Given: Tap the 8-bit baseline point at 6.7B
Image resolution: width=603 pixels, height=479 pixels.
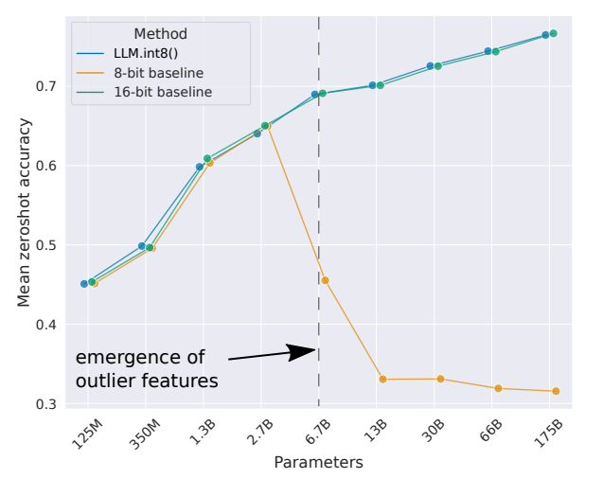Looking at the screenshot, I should pyautogui.click(x=325, y=280).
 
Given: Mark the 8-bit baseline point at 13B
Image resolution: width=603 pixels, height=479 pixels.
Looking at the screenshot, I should pyautogui.click(x=382, y=379).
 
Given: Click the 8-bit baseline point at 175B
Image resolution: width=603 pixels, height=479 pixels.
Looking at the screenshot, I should pyautogui.click(x=556, y=391).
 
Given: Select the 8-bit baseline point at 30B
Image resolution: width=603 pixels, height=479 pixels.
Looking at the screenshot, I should pyautogui.click(x=440, y=379).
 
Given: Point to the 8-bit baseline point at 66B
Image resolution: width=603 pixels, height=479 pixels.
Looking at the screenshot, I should pyautogui.click(x=498, y=388).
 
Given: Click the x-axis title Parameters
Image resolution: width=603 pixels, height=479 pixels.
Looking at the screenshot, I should pyautogui.click(x=318, y=463).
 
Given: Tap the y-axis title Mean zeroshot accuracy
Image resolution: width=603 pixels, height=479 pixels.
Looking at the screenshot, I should pyautogui.click(x=25, y=212).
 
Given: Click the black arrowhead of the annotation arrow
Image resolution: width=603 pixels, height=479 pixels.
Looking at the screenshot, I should pyautogui.click(x=305, y=352).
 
